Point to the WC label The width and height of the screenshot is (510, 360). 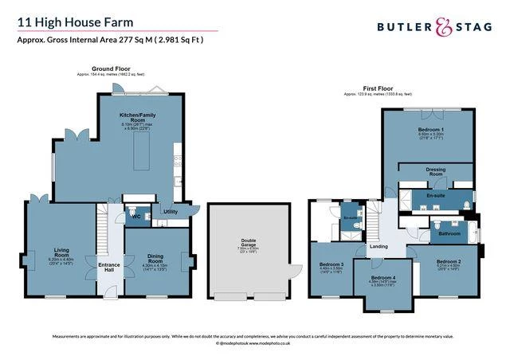(x=135, y=216)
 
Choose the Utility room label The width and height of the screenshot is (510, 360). (x=170, y=212)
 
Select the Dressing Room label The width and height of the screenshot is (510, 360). (x=435, y=170)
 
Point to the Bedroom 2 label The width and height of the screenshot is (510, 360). (x=449, y=261)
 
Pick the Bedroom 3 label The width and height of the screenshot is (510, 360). (x=331, y=264)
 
